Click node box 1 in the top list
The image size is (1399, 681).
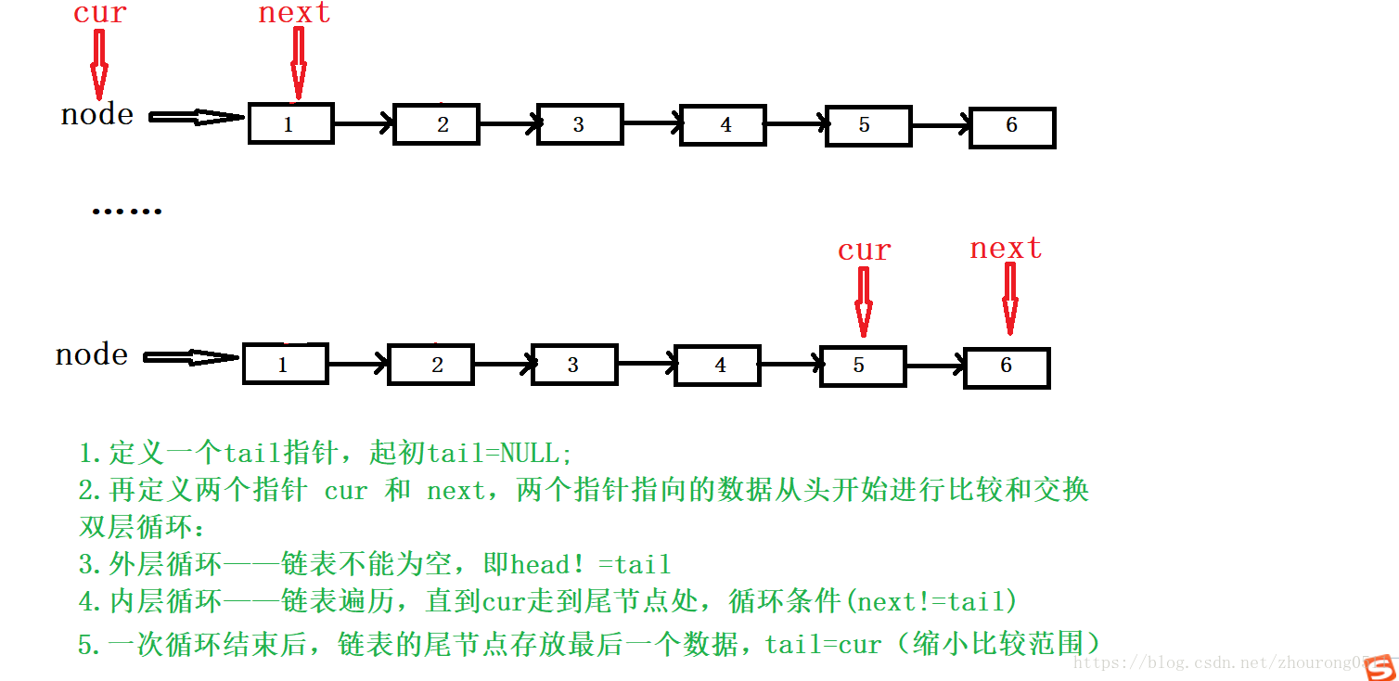click(290, 124)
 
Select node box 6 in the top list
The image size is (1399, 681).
click(1012, 127)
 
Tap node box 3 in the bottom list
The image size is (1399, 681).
click(573, 366)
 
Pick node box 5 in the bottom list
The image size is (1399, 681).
click(863, 366)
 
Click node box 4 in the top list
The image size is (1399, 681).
click(723, 125)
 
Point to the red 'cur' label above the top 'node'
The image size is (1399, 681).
click(99, 14)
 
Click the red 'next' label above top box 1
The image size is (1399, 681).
click(294, 13)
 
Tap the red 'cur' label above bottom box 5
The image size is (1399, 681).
click(864, 251)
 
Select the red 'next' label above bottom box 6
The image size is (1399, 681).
click(1006, 249)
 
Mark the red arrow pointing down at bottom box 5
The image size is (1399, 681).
click(864, 302)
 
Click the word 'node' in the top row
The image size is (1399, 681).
click(97, 115)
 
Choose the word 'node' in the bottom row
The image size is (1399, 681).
click(92, 355)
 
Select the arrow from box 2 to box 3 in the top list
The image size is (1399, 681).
click(508, 123)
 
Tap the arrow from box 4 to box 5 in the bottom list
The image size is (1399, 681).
click(790, 366)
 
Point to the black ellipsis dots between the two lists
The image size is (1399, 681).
click(126, 212)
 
